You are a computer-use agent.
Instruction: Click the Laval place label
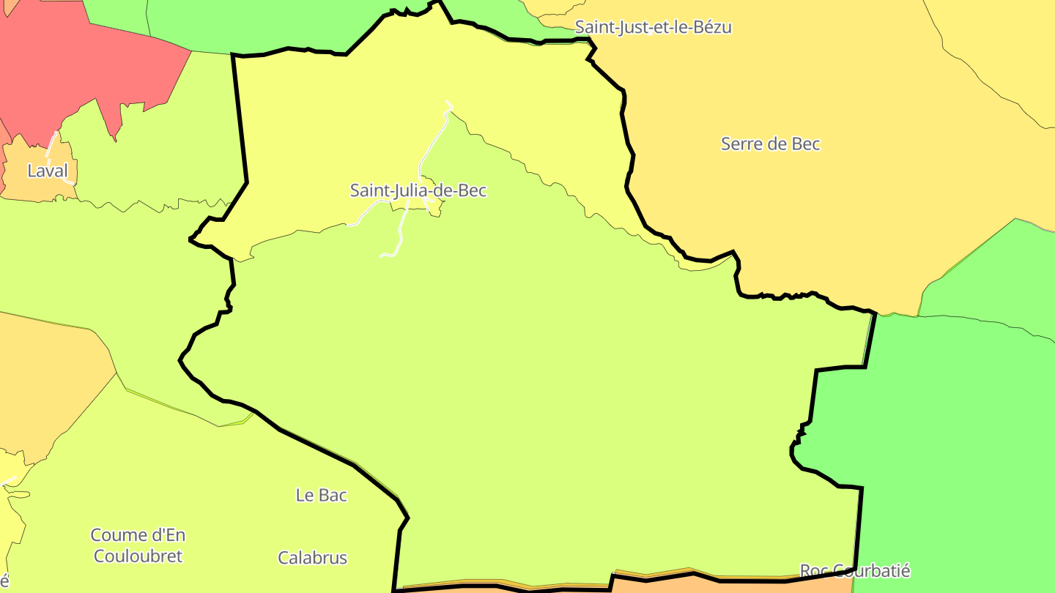click(x=48, y=171)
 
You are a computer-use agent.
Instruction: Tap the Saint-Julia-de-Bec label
click(x=418, y=190)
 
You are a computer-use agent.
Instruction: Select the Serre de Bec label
click(x=770, y=144)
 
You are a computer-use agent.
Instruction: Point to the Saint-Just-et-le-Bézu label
click(x=653, y=27)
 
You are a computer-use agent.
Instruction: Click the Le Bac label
click(x=321, y=496)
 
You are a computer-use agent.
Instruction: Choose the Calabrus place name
click(x=312, y=558)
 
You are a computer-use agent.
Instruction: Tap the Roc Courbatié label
click(x=854, y=570)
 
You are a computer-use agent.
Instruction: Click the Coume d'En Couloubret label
click(x=138, y=545)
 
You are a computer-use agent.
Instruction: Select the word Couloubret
click(x=138, y=556)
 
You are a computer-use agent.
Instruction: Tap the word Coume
click(x=117, y=535)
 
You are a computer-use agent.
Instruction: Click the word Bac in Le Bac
click(x=333, y=496)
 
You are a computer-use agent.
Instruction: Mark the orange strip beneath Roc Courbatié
click(x=733, y=584)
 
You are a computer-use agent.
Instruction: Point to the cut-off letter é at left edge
click(x=4, y=581)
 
